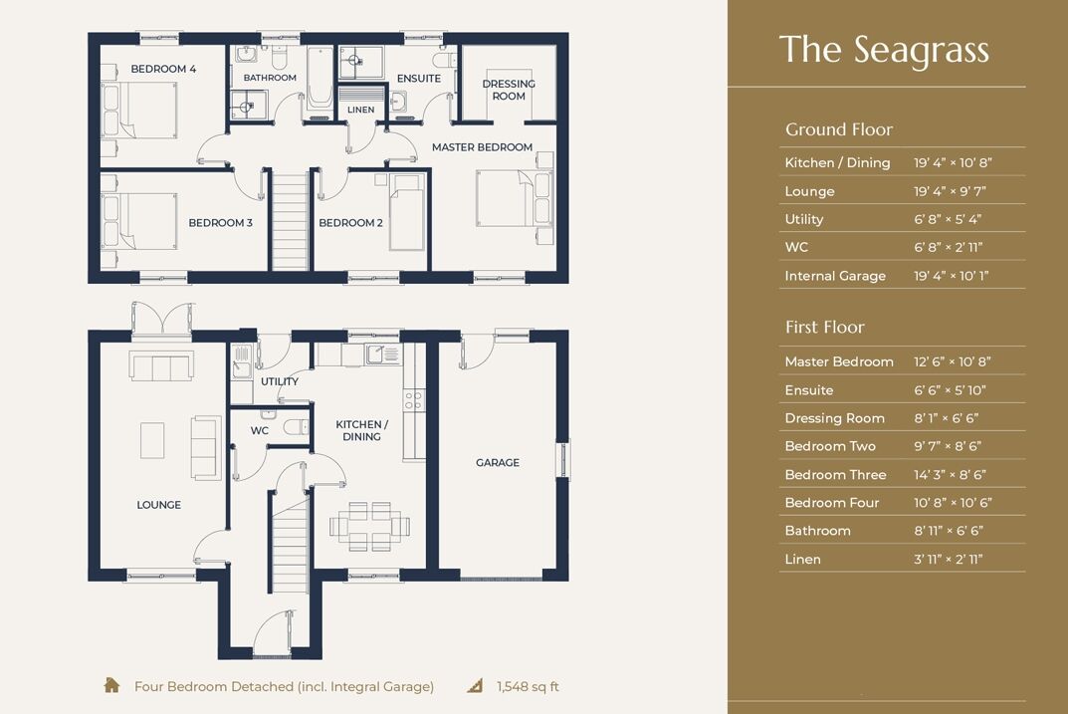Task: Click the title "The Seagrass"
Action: pyautogui.click(x=884, y=49)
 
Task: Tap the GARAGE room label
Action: pyautogui.click(x=498, y=462)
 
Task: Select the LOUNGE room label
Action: pyautogui.click(x=159, y=505)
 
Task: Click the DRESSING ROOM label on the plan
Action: pyautogui.click(x=509, y=90)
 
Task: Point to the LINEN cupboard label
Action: pyautogui.click(x=361, y=110)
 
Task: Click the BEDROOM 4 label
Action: pyautogui.click(x=163, y=69)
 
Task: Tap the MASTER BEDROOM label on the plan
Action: pyautogui.click(x=482, y=147)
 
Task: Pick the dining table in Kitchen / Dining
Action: pyautogui.click(x=365, y=525)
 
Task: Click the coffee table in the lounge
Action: pyautogui.click(x=152, y=440)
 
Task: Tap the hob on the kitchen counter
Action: pyautogui.click(x=413, y=399)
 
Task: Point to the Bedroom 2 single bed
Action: pyautogui.click(x=406, y=211)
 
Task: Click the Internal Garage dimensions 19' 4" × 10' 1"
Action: pyautogui.click(x=952, y=276)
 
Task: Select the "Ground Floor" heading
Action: pyautogui.click(x=839, y=129)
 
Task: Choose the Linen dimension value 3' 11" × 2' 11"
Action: pyautogui.click(x=949, y=559)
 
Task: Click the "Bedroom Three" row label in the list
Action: pyautogui.click(x=834, y=474)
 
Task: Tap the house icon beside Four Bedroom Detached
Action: pyautogui.click(x=112, y=685)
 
